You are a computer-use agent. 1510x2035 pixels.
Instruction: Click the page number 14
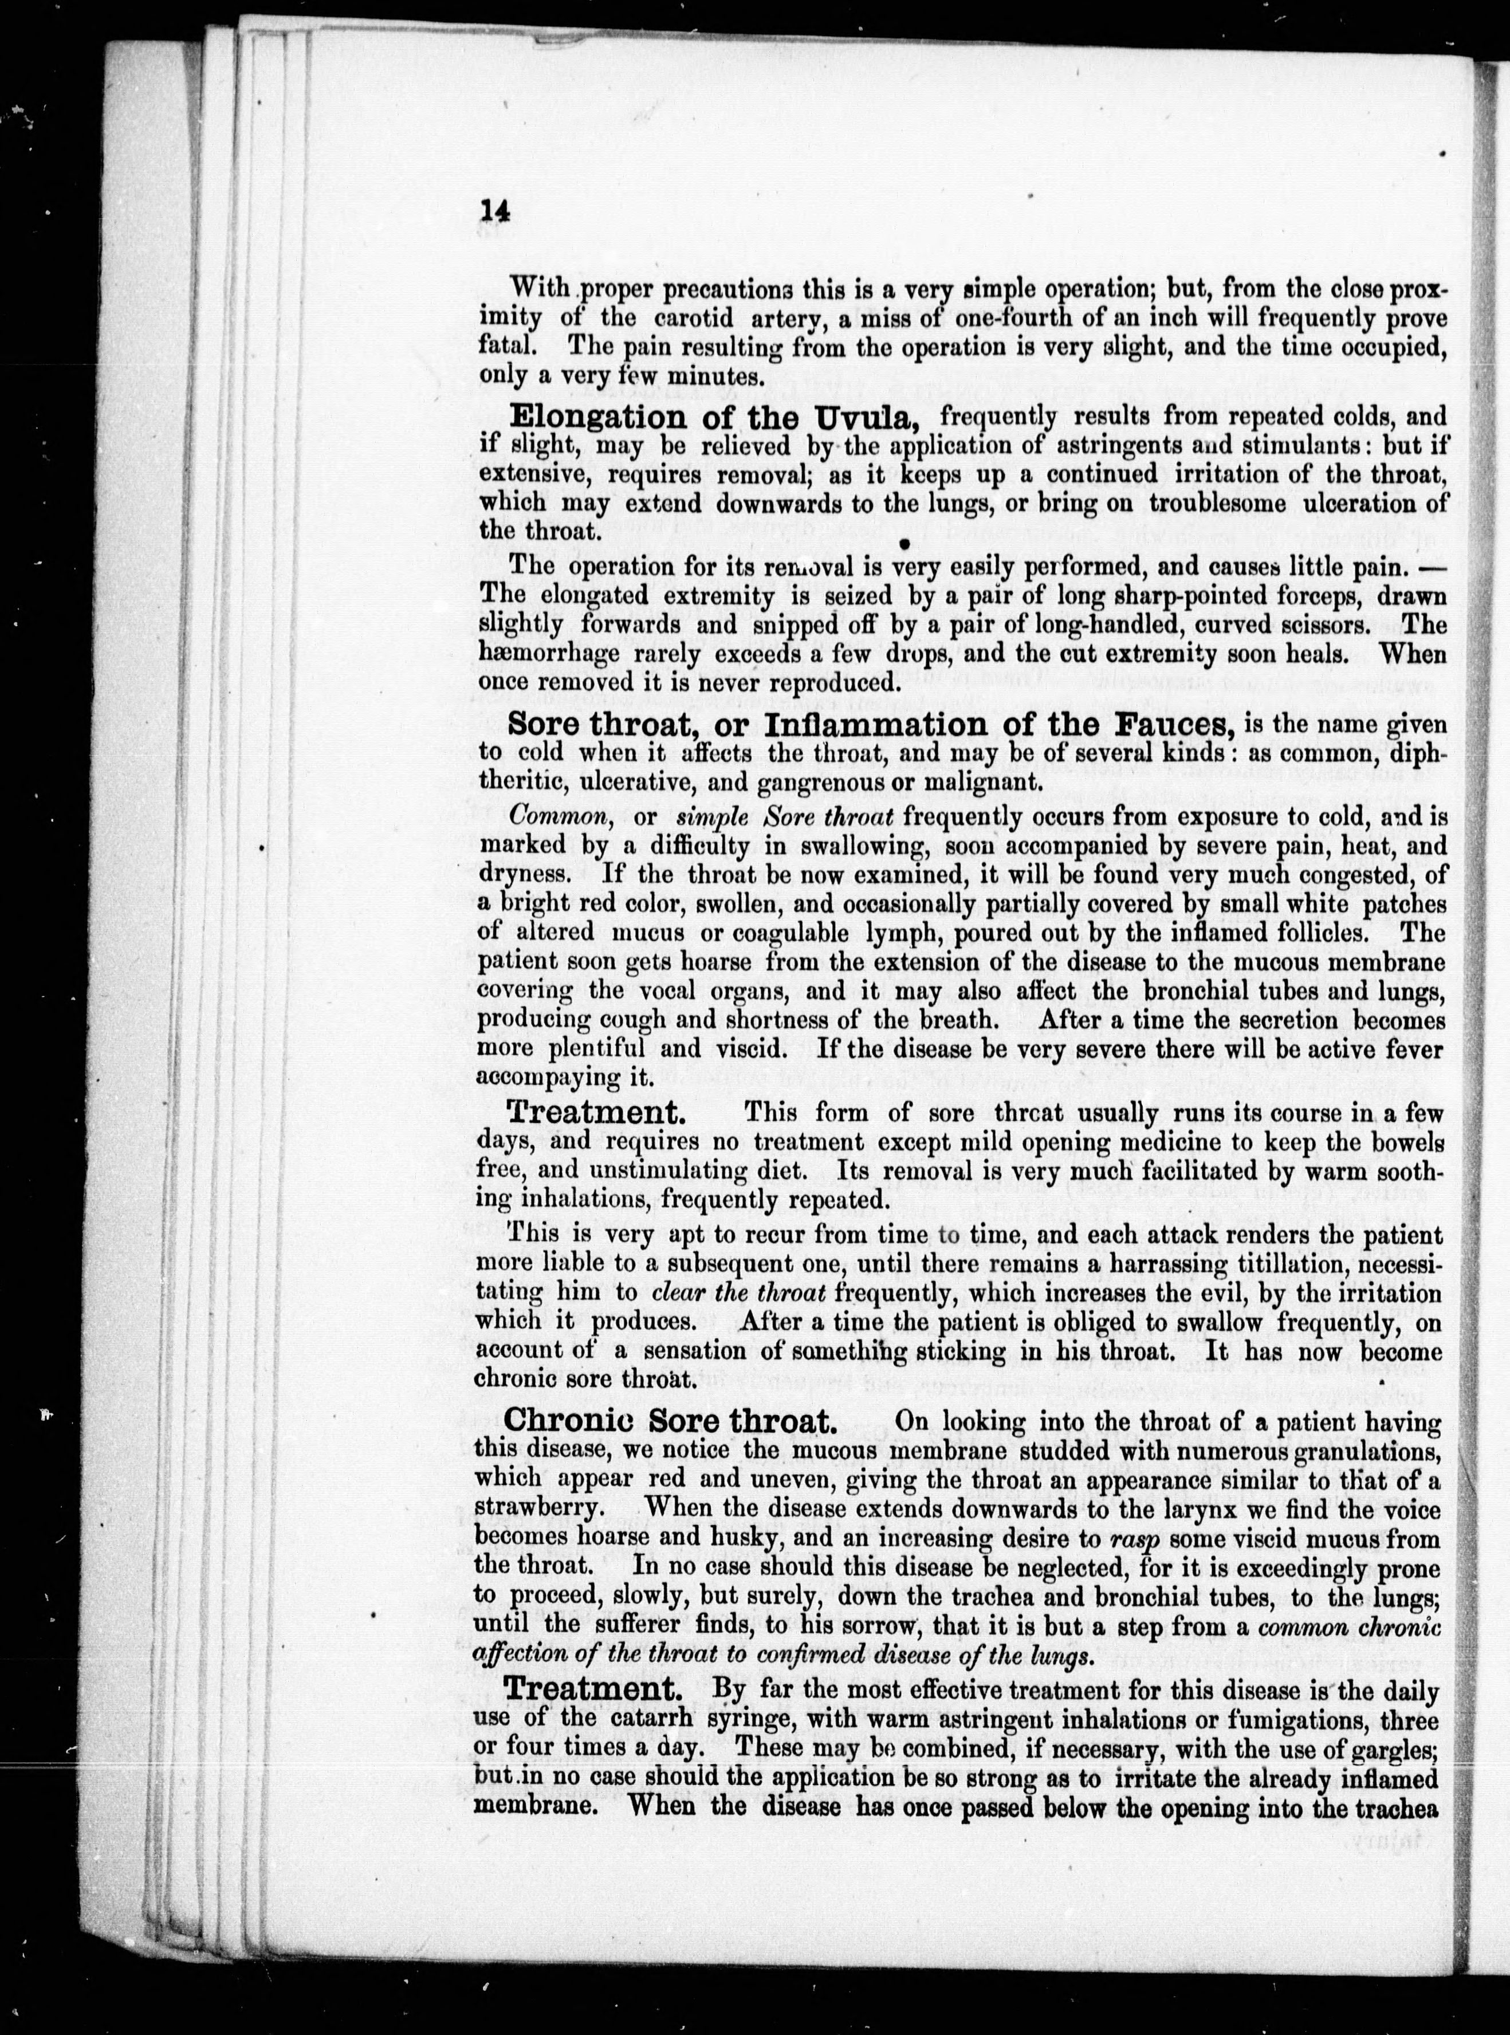494,209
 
